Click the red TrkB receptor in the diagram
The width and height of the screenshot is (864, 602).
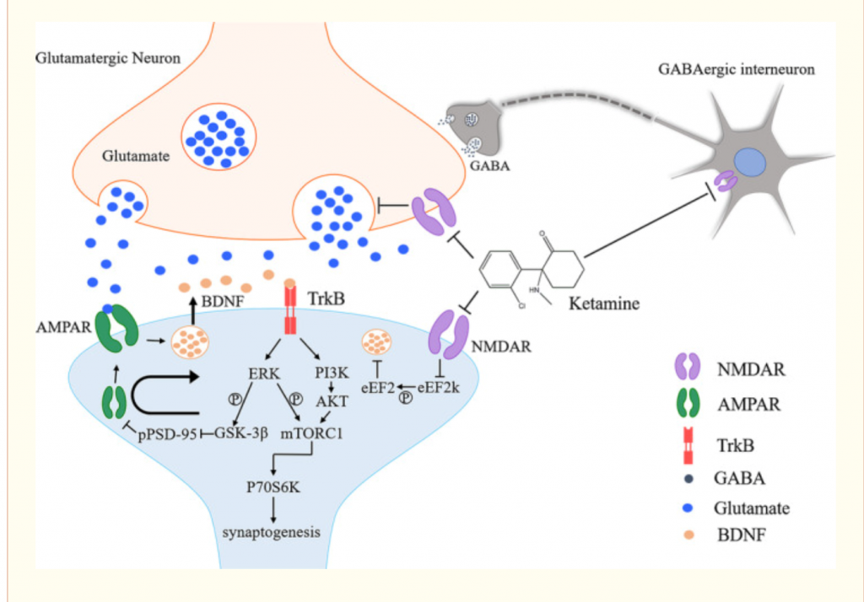click(291, 309)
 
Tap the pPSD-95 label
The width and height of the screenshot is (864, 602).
click(166, 435)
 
